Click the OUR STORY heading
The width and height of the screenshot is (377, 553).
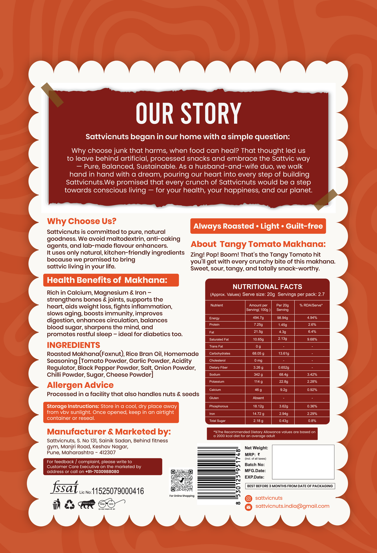click(188, 113)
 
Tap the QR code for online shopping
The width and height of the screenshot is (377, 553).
click(182, 480)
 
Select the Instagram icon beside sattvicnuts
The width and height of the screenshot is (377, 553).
click(249, 499)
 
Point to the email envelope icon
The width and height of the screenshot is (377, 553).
click(249, 507)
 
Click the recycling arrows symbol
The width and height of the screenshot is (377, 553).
click(70, 504)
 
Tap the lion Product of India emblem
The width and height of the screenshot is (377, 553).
click(87, 505)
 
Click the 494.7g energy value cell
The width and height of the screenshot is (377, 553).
click(258, 318)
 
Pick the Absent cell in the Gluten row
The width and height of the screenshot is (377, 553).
click(258, 398)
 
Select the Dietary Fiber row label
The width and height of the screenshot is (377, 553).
click(218, 367)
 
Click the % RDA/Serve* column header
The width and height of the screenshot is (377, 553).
click(311, 305)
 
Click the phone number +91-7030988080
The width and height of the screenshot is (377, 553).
click(102, 471)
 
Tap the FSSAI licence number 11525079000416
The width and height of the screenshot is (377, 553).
click(118, 491)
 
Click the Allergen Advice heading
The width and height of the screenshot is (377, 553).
click(80, 385)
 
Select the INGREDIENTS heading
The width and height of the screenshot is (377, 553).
click(73, 345)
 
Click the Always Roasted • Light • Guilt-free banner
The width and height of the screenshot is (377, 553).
click(258, 226)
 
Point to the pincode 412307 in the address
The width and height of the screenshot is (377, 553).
click(107, 452)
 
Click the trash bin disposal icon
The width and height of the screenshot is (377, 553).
click(56, 504)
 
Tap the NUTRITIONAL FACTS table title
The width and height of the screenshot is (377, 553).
click(267, 287)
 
